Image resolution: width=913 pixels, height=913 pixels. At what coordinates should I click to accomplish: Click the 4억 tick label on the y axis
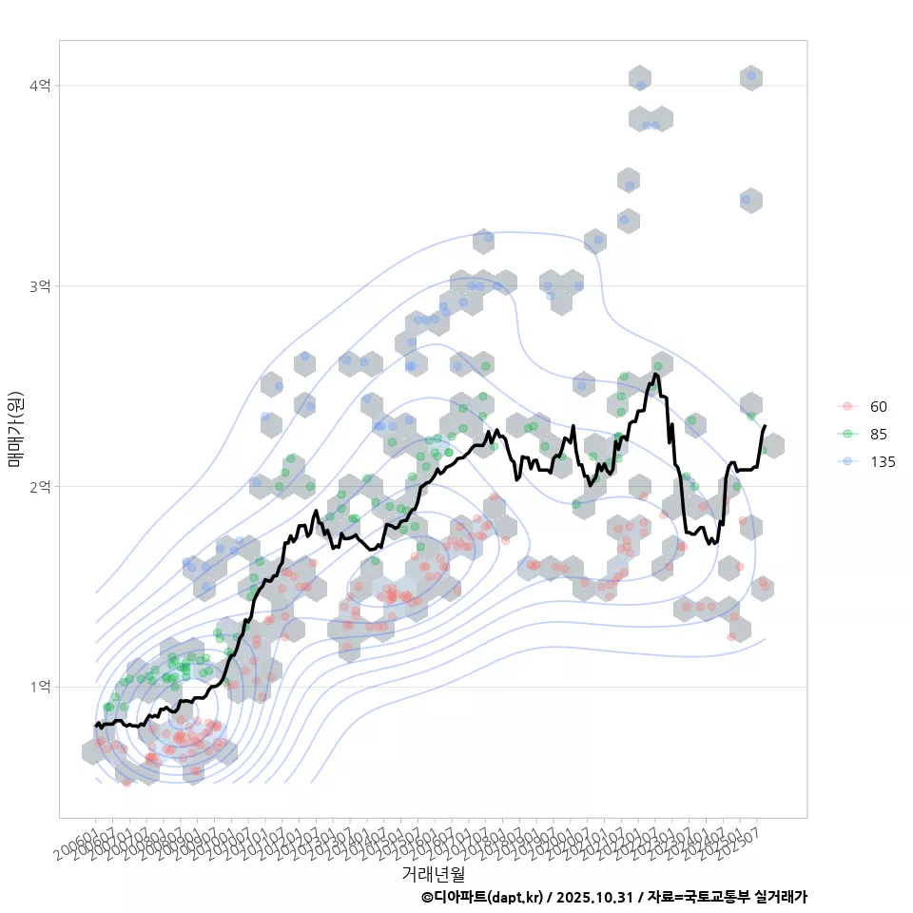40,86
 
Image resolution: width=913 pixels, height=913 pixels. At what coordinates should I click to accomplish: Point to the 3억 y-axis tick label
40,286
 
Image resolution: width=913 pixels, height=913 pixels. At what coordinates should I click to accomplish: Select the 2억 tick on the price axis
40,487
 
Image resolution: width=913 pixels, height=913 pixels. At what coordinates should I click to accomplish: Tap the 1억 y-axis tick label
40,687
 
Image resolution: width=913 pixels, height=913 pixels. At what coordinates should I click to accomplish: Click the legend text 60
879,407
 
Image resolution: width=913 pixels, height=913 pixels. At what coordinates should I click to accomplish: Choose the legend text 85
879,435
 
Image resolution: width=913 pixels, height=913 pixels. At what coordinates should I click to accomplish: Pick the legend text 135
883,462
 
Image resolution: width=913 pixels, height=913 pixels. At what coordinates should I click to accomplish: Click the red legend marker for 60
846,407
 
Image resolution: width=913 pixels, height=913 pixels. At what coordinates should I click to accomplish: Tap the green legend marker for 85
846,435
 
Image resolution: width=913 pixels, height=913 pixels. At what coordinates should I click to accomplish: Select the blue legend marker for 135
846,462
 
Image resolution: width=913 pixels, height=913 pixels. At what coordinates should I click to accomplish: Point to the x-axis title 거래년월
434,873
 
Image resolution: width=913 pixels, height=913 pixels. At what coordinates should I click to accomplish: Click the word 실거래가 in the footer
781,897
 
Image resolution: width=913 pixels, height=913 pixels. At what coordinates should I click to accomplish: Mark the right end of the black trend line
766,425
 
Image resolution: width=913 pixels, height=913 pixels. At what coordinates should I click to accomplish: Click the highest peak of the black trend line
655,374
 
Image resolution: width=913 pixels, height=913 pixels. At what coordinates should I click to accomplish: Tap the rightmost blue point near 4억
751,75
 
